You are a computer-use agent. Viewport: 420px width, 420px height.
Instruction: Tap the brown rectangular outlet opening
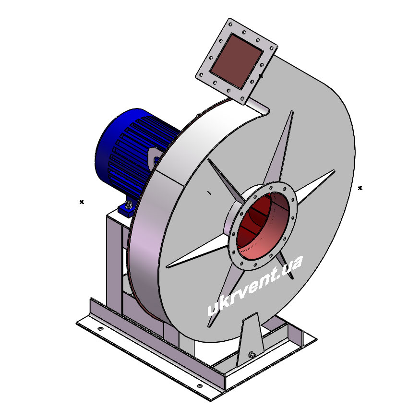(236, 61)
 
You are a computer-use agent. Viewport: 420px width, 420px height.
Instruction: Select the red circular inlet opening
(263, 227)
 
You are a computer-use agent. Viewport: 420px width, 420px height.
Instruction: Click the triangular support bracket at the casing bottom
(251, 340)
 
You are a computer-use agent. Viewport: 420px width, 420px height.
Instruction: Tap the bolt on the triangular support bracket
(252, 355)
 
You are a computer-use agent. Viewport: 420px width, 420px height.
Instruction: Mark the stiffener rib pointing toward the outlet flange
(280, 147)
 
